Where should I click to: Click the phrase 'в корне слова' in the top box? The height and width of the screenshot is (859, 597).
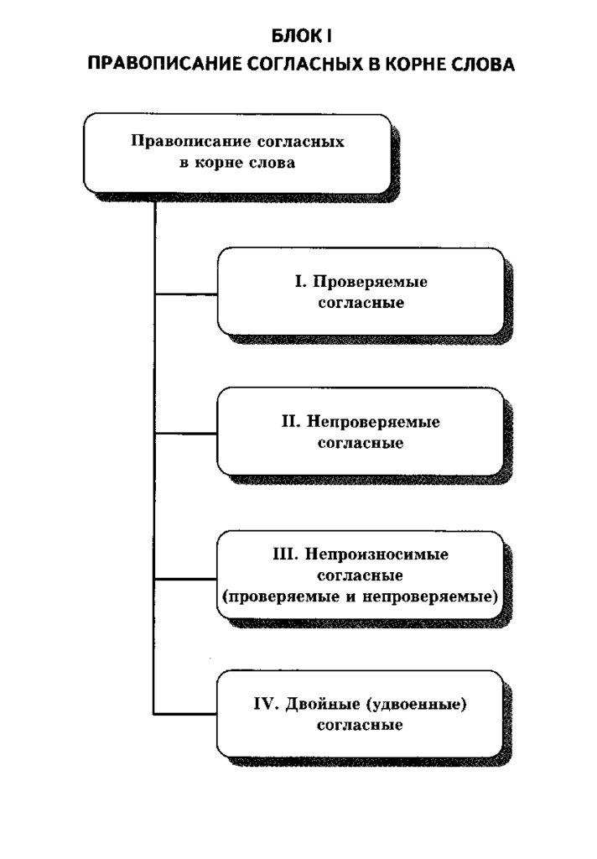[x=237, y=164]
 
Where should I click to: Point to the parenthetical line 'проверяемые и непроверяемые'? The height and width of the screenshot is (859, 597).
[x=361, y=596]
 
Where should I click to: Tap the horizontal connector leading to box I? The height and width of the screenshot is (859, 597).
[x=186, y=294]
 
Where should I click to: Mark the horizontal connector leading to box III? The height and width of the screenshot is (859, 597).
[x=186, y=578]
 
